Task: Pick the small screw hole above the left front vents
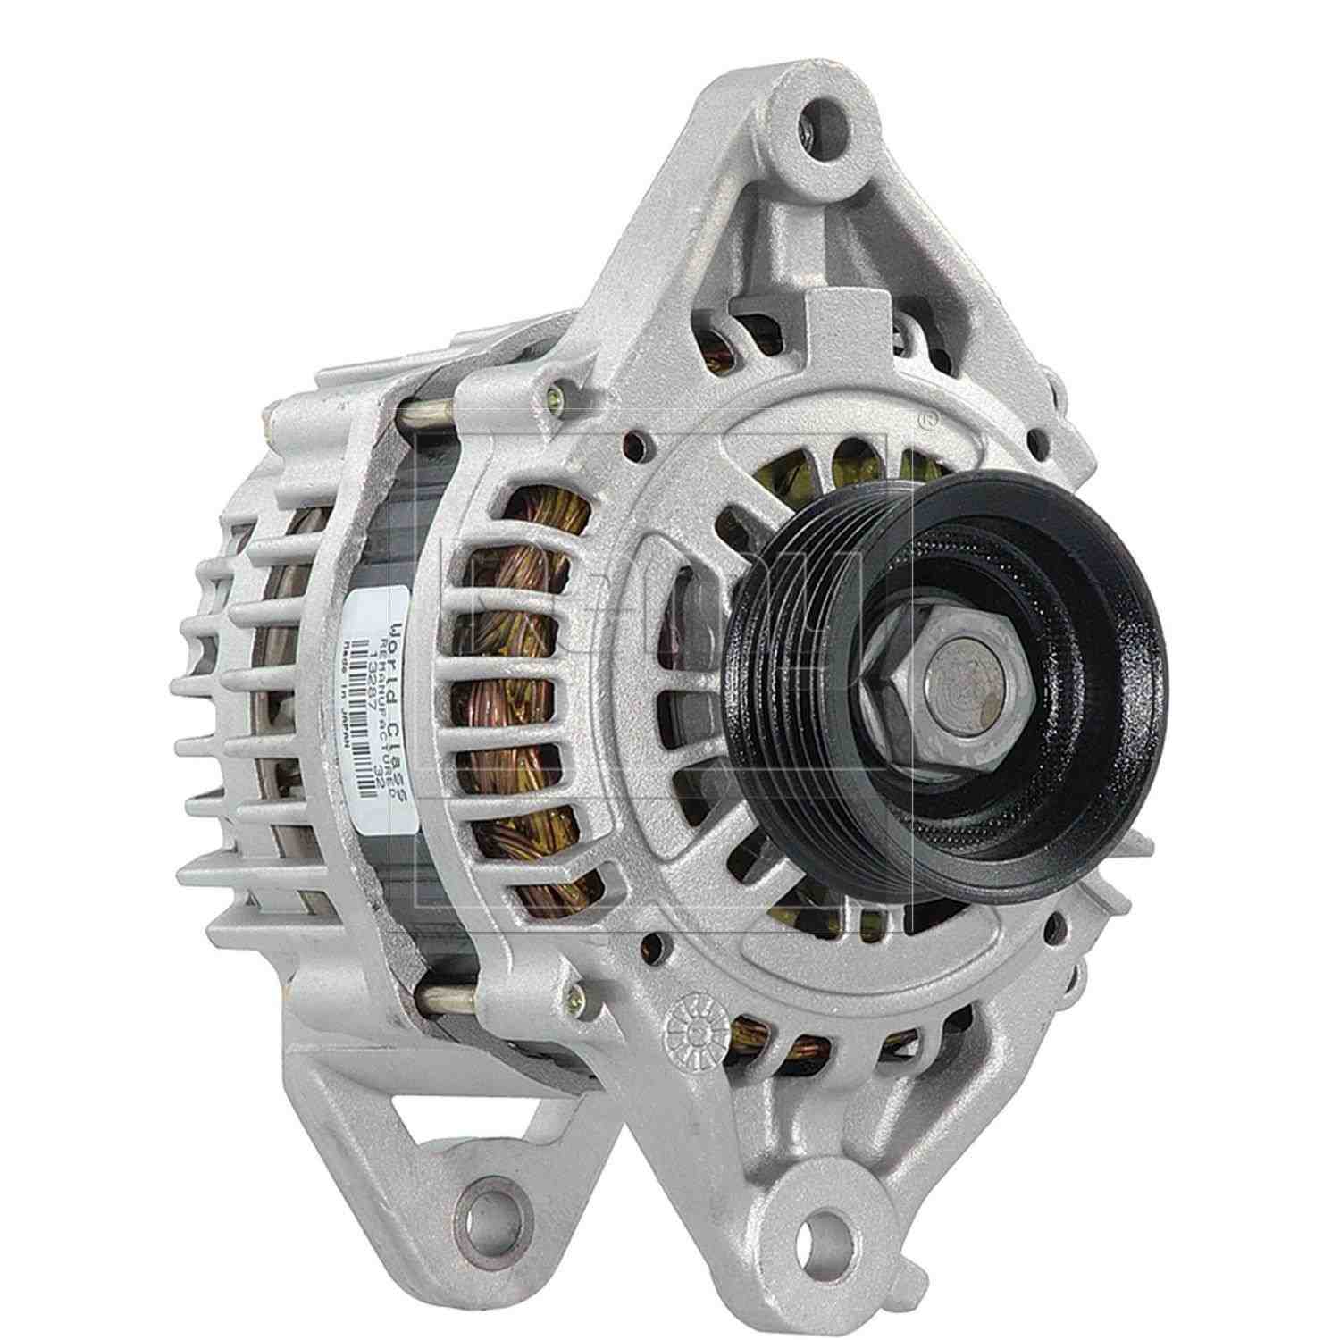point(635,441)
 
